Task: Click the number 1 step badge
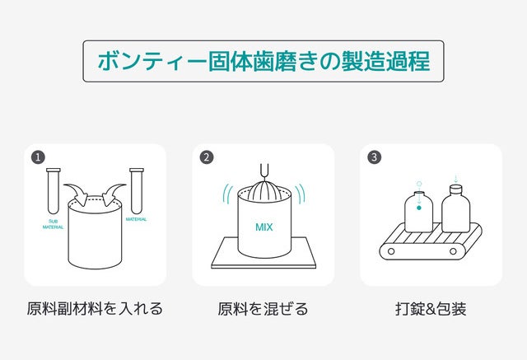click(x=38, y=157)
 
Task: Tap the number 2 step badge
click(x=207, y=157)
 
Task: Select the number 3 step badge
click(x=374, y=157)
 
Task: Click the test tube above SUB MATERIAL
click(x=54, y=190)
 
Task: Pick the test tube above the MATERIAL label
click(x=137, y=190)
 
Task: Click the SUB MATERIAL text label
click(x=53, y=224)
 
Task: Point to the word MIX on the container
click(x=263, y=227)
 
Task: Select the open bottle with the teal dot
click(x=419, y=212)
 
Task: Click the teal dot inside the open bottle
click(x=419, y=208)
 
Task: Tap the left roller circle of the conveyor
click(x=391, y=251)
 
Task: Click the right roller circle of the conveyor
click(x=453, y=251)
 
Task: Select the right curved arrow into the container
click(x=113, y=194)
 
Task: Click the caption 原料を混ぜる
click(x=263, y=309)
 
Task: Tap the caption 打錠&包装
click(x=431, y=309)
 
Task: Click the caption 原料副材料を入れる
click(x=95, y=309)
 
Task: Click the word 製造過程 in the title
click(x=386, y=61)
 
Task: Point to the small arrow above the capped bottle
click(x=455, y=179)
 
